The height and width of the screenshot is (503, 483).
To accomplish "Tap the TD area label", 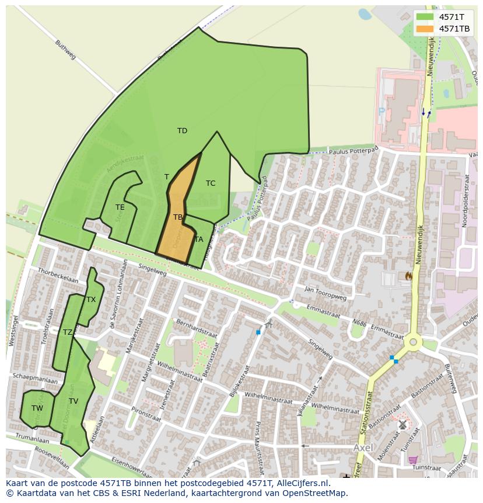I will (x=183, y=131).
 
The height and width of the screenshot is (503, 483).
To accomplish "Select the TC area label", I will (x=211, y=183).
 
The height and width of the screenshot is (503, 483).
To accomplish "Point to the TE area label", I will (x=120, y=207).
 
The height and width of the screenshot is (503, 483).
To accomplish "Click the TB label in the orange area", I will (x=178, y=217).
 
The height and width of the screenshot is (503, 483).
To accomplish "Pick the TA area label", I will (x=199, y=240).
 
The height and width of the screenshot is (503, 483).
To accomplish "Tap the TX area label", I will (x=91, y=300).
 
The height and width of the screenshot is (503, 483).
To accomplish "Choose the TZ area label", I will (x=68, y=332).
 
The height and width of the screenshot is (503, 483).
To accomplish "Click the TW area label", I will (x=37, y=408).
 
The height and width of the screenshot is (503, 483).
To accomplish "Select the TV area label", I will (x=73, y=401).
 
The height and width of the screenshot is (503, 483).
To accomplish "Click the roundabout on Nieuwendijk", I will (x=414, y=342).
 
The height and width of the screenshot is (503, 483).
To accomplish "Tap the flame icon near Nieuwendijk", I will (x=408, y=275).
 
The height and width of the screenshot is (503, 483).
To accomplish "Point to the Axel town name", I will (x=363, y=448).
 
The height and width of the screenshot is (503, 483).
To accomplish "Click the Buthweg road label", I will (x=65, y=50).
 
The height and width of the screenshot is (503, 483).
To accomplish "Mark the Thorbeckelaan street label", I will (x=58, y=275).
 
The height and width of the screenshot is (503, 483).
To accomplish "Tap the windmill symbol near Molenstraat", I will (x=402, y=425).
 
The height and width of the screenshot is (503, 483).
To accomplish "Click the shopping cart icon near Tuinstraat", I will (x=413, y=460).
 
